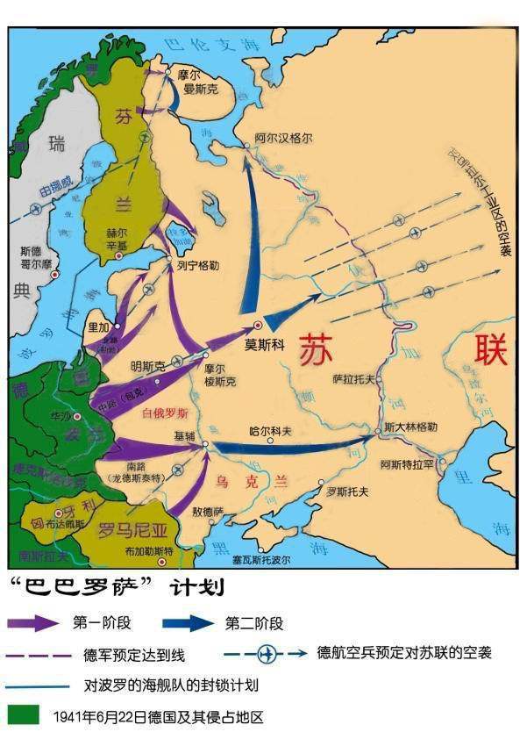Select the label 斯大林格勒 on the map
(x=410, y=427)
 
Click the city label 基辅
(x=185, y=436)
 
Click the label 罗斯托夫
(x=344, y=492)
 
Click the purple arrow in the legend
(x=34, y=623)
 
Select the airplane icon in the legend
(x=267, y=653)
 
